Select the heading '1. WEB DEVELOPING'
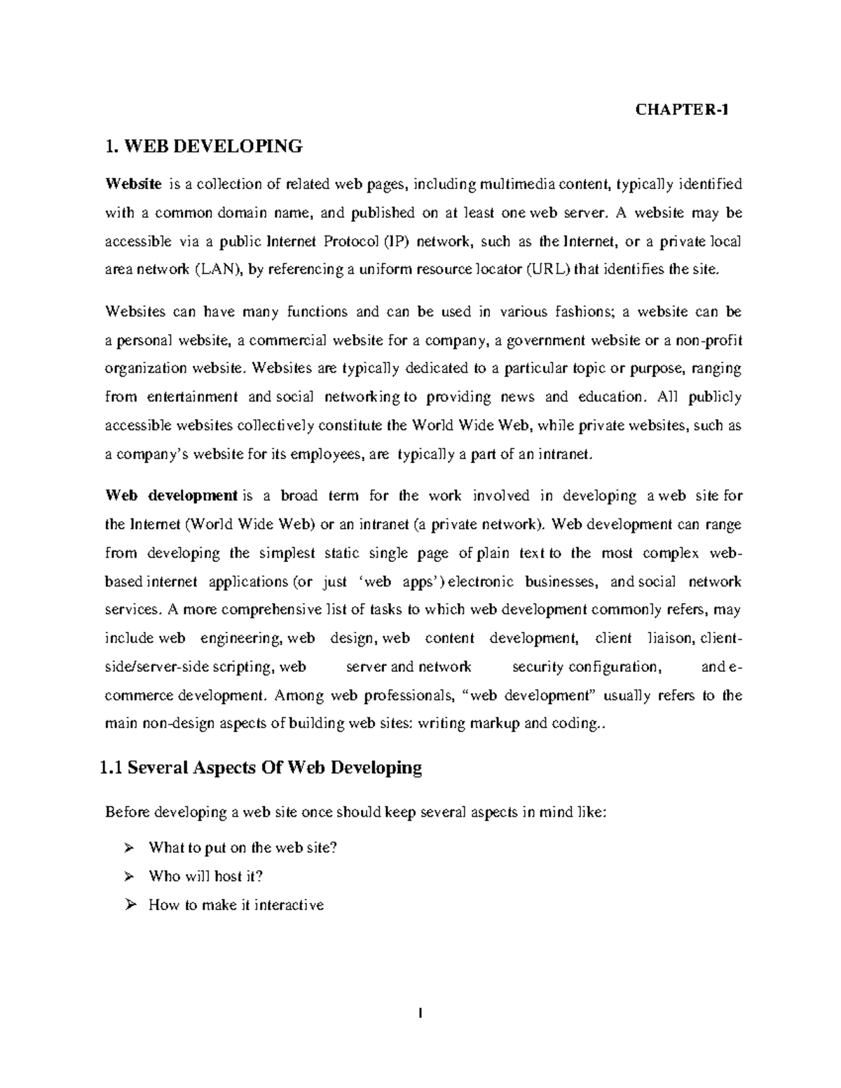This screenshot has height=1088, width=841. click(203, 146)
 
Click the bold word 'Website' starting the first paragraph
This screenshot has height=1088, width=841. click(133, 184)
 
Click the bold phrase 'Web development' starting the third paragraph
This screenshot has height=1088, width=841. click(171, 496)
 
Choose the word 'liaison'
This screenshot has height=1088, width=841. click(671, 638)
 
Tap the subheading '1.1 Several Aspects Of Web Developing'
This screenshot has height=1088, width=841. click(261, 768)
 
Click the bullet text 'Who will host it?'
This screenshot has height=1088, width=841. click(206, 876)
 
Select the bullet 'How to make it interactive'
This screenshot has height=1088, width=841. click(236, 905)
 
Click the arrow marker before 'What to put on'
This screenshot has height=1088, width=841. click(128, 848)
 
